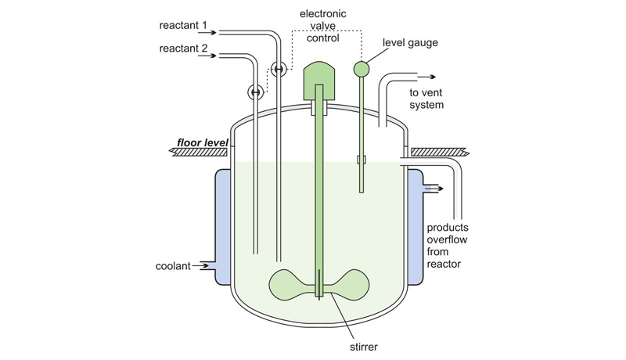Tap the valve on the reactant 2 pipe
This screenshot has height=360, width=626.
coord(255,92)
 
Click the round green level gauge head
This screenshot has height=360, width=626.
coord(362,70)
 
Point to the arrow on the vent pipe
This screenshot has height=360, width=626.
coord(430,77)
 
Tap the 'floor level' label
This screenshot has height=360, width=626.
coord(200,142)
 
